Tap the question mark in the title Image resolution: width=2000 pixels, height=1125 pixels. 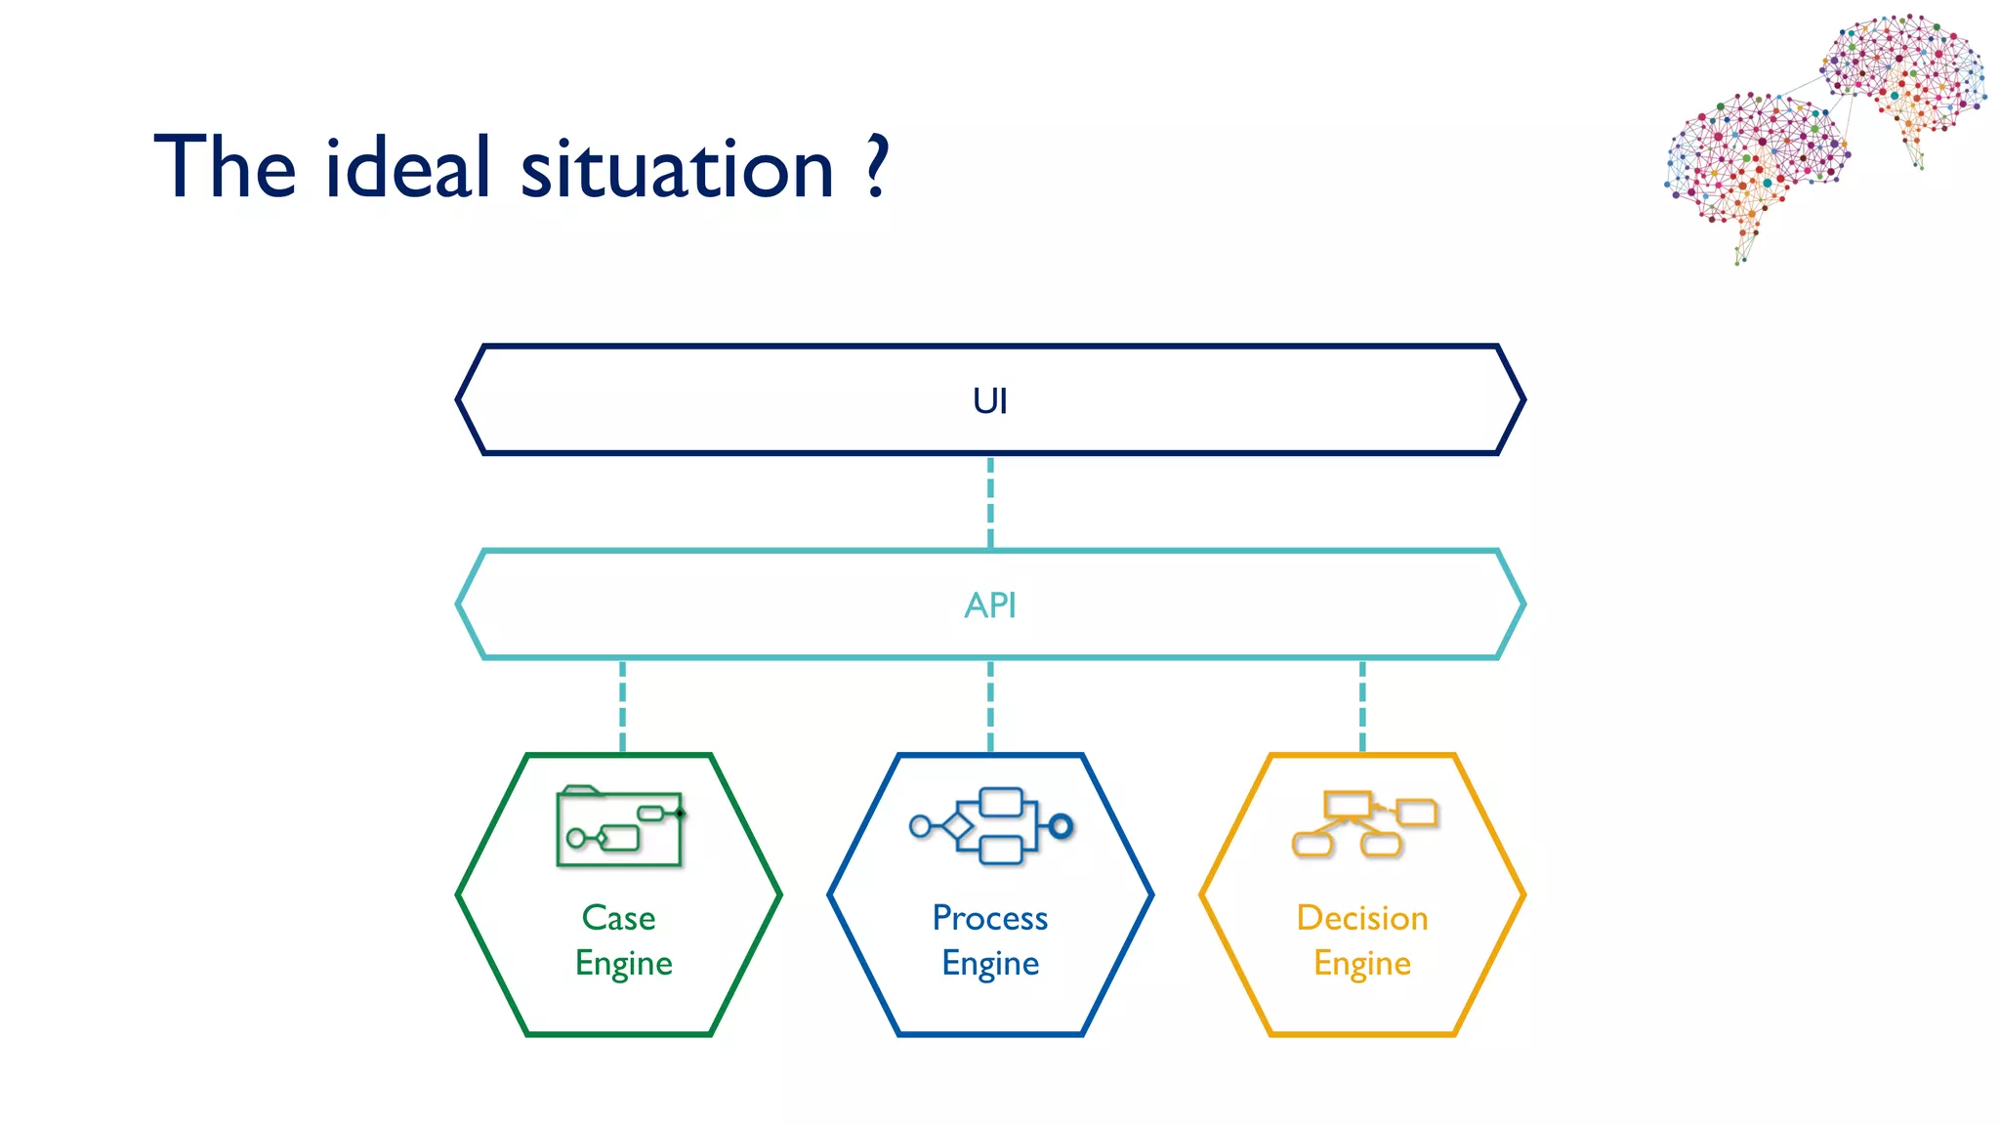coord(877,166)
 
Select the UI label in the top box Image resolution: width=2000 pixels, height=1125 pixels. coord(989,401)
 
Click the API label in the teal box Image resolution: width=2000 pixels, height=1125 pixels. coord(989,605)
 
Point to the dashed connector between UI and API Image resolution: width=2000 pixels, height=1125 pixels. coord(990,502)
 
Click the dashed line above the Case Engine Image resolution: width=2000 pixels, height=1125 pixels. coord(622,706)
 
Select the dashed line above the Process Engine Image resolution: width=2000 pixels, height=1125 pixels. coord(990,706)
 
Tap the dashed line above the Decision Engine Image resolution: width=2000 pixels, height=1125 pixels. coord(1362,706)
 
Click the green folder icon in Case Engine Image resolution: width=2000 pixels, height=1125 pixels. coord(619,826)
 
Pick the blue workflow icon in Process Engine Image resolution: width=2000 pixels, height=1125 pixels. coord(990,826)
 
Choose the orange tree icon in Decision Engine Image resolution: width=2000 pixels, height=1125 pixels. coord(1363,823)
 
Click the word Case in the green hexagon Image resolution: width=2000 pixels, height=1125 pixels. coord(618,918)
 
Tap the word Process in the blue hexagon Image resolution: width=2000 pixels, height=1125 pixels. coord(989,918)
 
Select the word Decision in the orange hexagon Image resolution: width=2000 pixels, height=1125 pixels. coord(1361,918)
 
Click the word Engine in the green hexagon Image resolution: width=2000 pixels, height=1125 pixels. coord(623,964)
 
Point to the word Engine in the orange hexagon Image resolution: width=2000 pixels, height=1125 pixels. coord(1361,964)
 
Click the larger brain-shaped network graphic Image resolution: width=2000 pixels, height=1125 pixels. coord(1754,162)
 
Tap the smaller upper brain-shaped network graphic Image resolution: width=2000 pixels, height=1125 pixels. coord(1905,74)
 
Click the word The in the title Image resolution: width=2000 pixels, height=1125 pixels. coord(225,168)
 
